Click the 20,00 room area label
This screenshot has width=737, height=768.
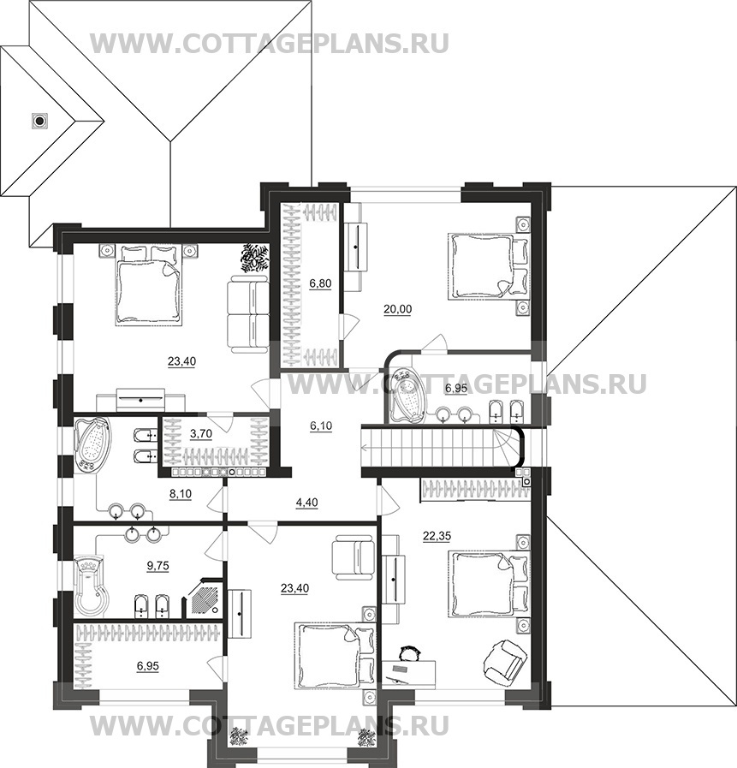point(398,309)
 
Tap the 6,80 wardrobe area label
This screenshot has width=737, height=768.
point(320,283)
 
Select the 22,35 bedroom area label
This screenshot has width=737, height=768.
point(437,536)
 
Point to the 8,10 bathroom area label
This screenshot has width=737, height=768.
point(181,494)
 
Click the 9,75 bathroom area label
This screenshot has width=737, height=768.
point(158,566)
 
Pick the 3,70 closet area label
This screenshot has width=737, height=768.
point(201,433)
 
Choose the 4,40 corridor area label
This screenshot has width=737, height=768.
point(307,502)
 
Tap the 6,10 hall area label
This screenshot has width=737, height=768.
point(321,426)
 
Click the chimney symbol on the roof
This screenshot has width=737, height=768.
point(39,120)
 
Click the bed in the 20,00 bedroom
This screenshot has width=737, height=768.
point(489,265)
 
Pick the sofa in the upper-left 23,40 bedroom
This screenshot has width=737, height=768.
point(248,313)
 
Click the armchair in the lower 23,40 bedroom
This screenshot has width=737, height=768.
point(353,558)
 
